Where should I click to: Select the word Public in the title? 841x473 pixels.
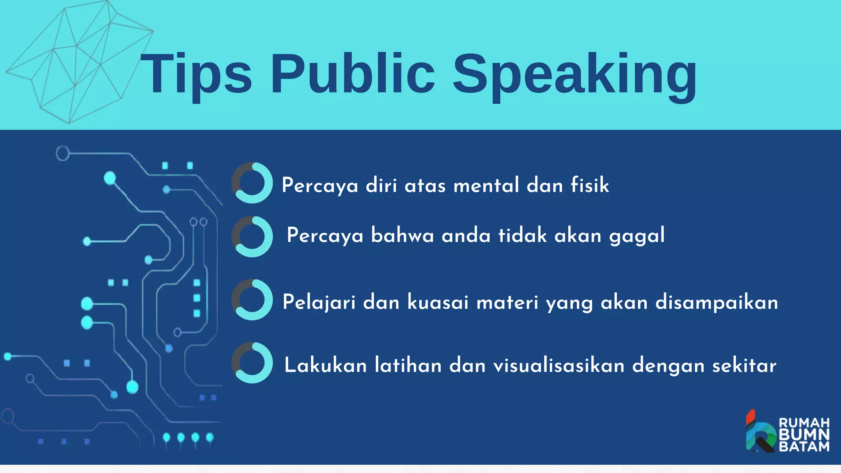[353, 74]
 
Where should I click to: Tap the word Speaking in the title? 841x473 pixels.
[574, 76]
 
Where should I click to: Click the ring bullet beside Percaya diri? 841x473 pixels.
[252, 183]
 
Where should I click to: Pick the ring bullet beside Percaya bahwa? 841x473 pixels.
[252, 236]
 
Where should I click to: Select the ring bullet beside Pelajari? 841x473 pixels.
[252, 300]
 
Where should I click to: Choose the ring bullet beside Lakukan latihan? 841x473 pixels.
[252, 363]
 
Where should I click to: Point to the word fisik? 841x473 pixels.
[590, 185]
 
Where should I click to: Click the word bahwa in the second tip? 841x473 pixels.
[402, 235]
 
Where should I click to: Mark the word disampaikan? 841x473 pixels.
[717, 302]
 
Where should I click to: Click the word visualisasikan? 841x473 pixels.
[559, 365]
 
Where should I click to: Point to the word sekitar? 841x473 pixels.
[744, 365]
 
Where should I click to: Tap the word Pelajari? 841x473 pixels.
[319, 302]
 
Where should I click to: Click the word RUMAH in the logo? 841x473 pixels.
[804, 423]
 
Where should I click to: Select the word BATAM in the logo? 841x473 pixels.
[804, 446]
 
